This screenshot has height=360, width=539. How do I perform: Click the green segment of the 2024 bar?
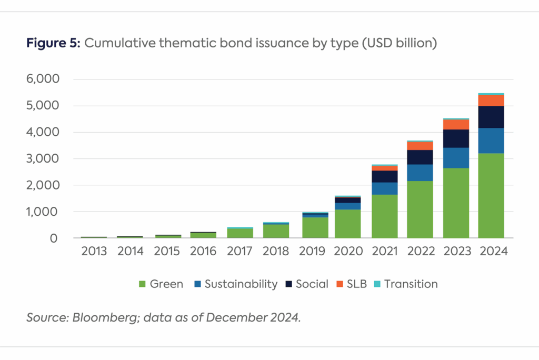pos(491,196)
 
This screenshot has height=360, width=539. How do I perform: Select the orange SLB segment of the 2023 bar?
pos(456,125)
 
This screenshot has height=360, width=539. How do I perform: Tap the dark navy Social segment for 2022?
pos(420,157)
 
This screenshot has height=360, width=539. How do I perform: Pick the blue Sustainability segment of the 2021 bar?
pos(384,188)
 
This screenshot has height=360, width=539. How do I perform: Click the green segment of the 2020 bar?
pos(348,224)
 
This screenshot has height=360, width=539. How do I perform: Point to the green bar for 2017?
pos(240,233)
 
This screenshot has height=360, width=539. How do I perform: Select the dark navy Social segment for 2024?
pos(491,117)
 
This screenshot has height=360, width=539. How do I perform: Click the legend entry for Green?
pos(161,284)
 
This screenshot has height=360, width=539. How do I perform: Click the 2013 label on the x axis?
pos(95,252)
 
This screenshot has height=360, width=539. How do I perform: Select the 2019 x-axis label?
pos(312,252)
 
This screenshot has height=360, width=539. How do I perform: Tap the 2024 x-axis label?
pos(492,252)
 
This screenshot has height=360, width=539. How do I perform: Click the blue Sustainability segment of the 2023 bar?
pos(456,158)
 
